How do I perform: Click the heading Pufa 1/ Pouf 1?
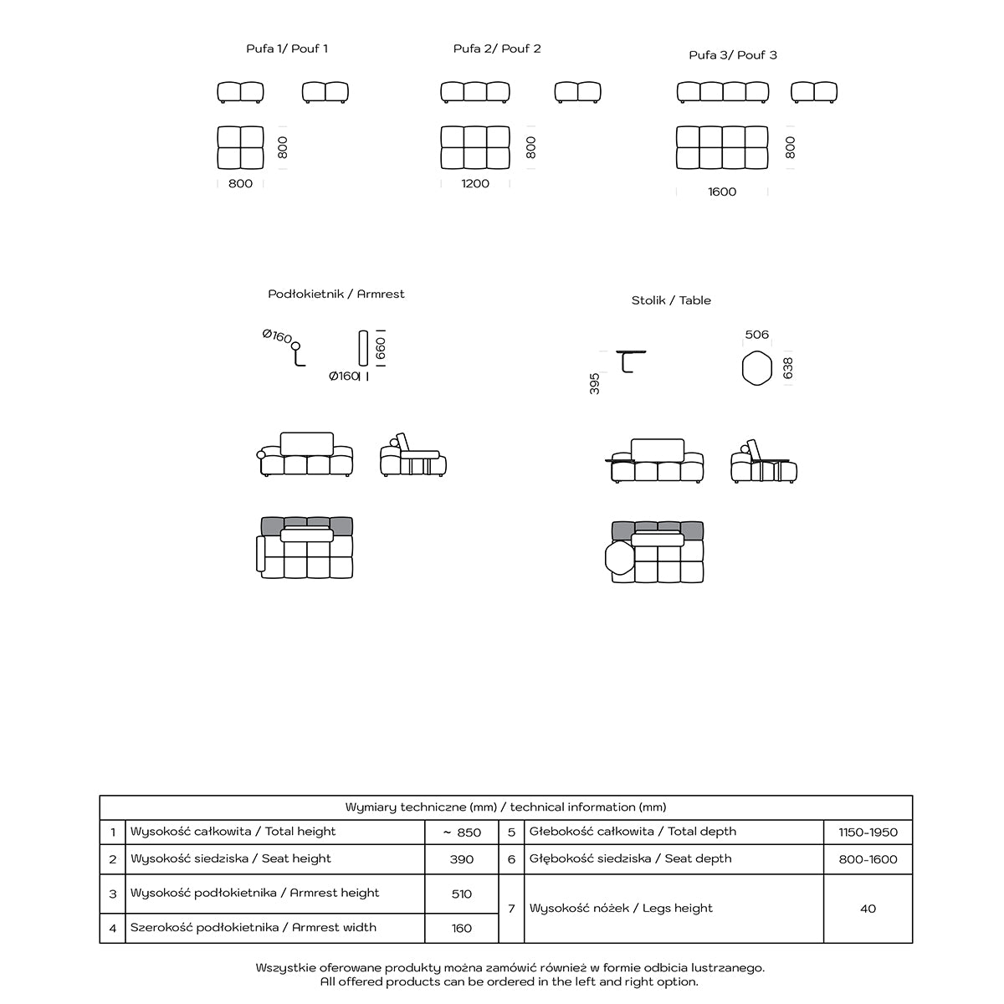(287, 49)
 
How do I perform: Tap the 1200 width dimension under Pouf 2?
(475, 183)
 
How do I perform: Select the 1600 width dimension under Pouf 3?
(722, 192)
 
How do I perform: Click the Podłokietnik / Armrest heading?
(336, 294)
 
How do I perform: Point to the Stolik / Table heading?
(671, 300)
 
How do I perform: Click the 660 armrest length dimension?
(381, 348)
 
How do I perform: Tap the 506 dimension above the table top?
(756, 335)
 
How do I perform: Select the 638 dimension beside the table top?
(787, 369)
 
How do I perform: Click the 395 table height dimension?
(595, 384)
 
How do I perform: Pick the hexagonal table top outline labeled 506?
(756, 369)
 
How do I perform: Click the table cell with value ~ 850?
(462, 832)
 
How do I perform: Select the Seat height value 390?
(462, 859)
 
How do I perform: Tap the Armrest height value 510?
(462, 894)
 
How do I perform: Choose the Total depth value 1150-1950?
(868, 832)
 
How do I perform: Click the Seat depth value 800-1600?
(868, 859)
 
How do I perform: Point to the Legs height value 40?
(868, 909)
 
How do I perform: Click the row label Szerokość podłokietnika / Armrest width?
(254, 928)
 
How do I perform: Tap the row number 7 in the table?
(511, 909)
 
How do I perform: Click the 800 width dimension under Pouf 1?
(240, 183)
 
